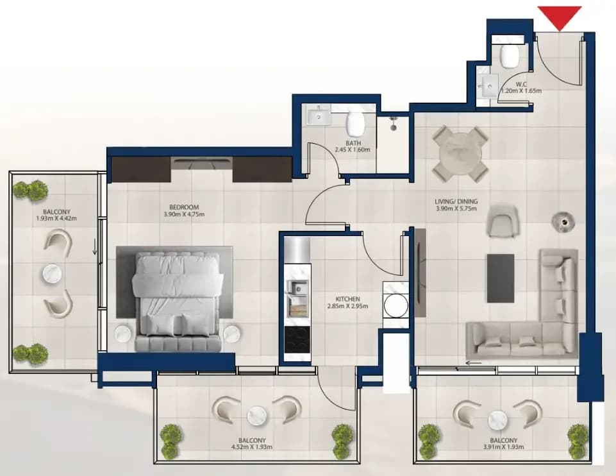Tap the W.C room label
pos(521,84)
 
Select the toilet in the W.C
pos(510,56)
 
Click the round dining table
pos(460,154)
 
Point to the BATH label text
pos(353,143)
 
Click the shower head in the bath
pos(393,123)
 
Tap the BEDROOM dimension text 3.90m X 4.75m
pos(184,214)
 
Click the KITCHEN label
pos(347,299)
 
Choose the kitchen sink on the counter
pos(297,288)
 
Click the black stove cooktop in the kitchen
pos(297,340)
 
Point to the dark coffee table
pos(501,278)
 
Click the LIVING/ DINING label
pos(456,201)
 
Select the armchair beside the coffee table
pos(502,221)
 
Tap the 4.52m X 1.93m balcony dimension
pos(252,447)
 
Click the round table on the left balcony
pos(53,273)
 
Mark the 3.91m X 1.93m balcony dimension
pos(503,447)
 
